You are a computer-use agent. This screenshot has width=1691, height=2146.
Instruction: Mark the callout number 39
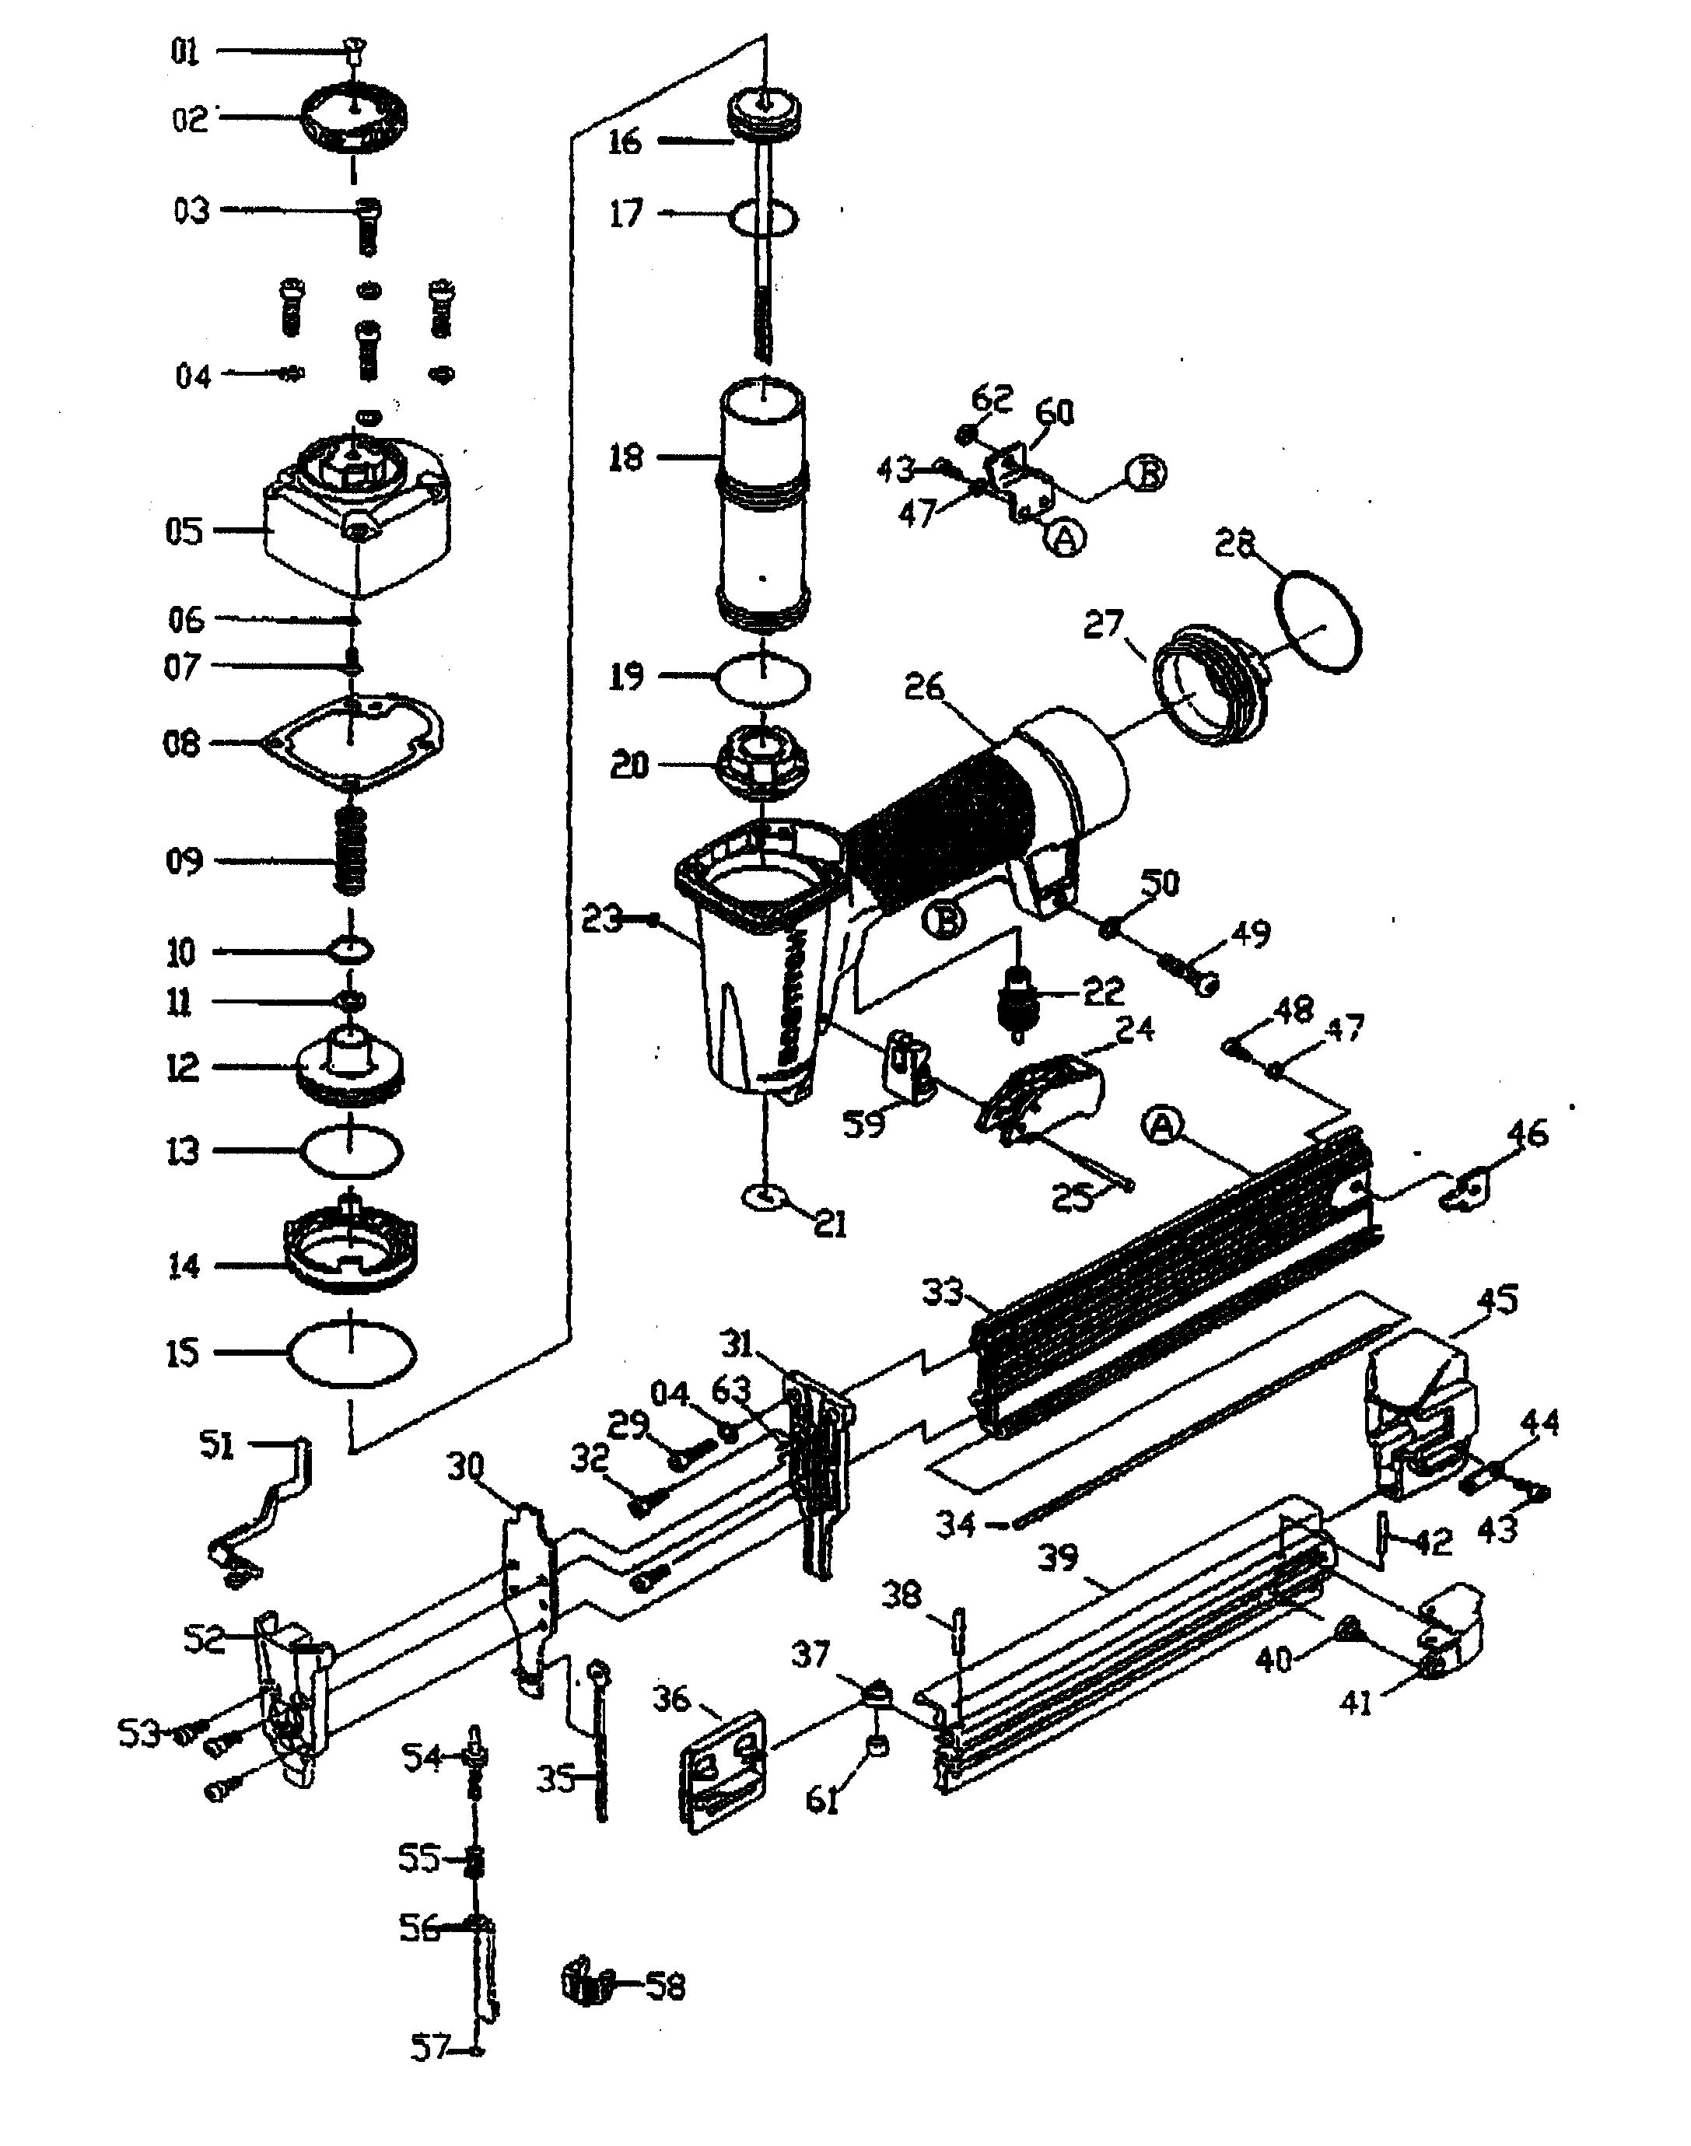click(1057, 1558)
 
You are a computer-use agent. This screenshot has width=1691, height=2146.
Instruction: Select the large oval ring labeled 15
click(351, 1354)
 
